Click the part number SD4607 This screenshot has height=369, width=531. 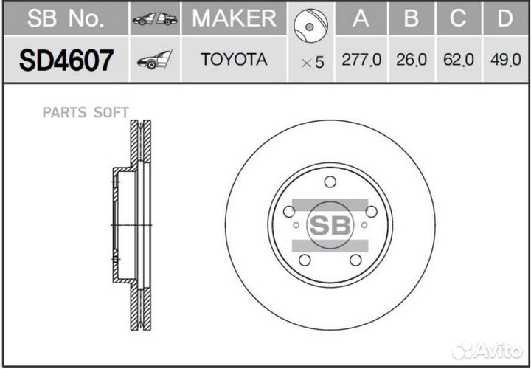[x=66, y=61]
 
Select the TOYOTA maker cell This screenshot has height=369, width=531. [x=234, y=60]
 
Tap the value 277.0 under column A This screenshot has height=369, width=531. [x=361, y=61]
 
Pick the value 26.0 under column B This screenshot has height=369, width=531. [x=412, y=61]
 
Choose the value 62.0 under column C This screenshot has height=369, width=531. [x=458, y=61]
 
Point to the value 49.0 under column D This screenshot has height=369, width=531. [x=505, y=61]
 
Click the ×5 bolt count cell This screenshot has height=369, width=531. [x=312, y=62]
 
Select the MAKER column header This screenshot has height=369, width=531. [x=234, y=18]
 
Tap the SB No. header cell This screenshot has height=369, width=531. [x=66, y=18]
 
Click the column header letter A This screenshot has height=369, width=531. [x=361, y=18]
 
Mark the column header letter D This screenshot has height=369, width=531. [x=505, y=18]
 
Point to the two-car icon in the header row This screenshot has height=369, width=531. [x=155, y=19]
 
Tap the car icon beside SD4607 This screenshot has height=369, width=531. [x=154, y=61]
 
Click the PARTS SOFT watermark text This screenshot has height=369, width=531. [x=86, y=112]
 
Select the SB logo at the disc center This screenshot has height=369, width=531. [x=330, y=225]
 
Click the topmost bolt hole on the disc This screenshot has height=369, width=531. [x=330, y=182]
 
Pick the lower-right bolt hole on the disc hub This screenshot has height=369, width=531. [x=355, y=260]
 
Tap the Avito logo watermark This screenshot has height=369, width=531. [x=487, y=349]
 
